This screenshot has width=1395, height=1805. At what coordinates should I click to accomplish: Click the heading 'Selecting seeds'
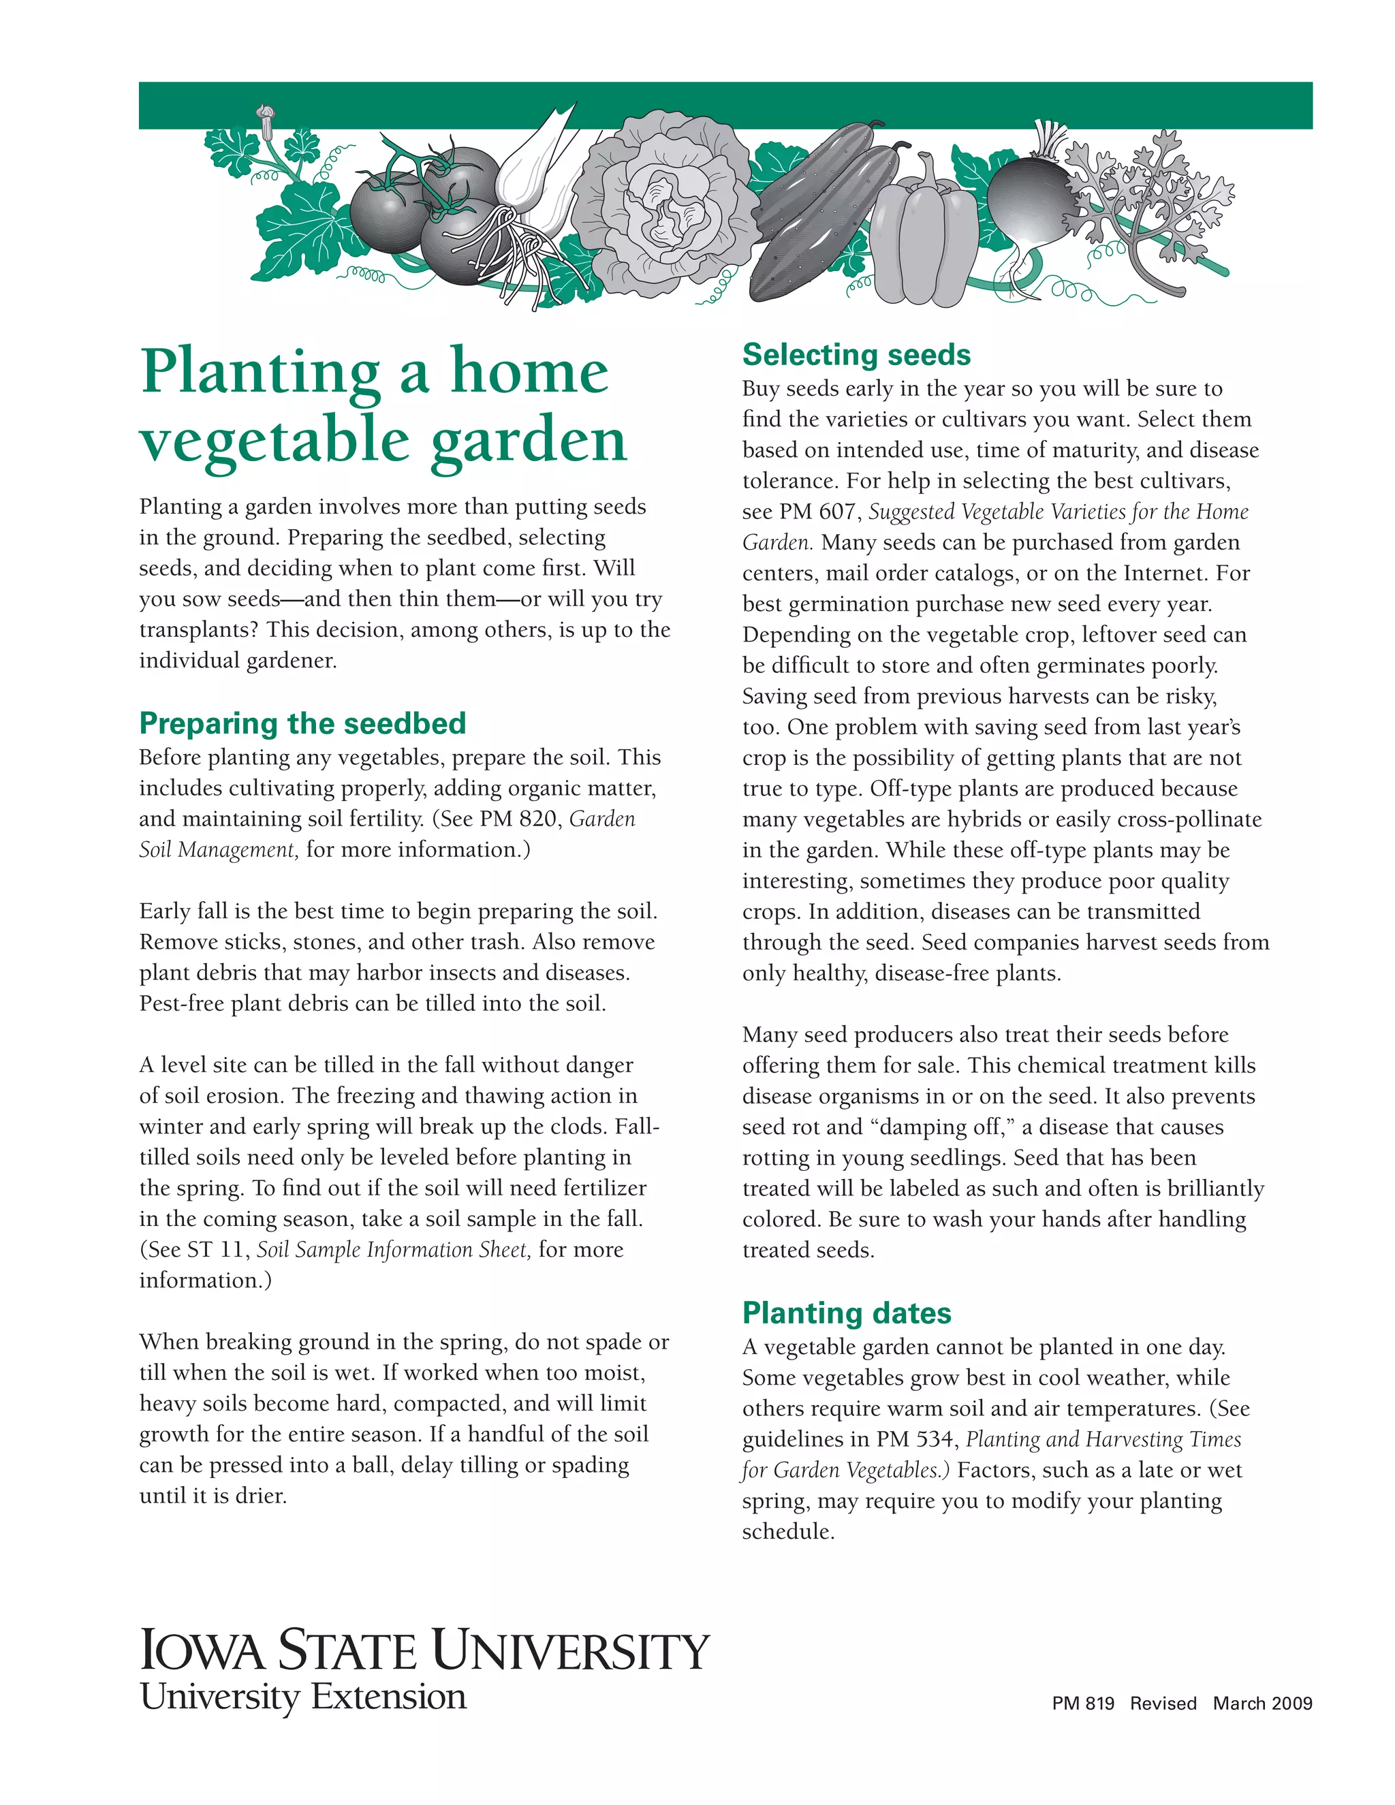tap(856, 355)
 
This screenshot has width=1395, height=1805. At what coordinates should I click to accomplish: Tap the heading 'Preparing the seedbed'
tap(302, 723)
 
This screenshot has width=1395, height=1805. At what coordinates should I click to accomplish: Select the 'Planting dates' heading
tap(846, 1313)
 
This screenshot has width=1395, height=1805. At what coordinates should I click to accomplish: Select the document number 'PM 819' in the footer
tap(1082, 1704)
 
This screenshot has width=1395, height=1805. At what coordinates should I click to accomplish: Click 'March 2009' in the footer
tap(1262, 1704)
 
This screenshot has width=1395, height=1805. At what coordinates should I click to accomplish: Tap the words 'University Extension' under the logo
tap(303, 1697)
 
